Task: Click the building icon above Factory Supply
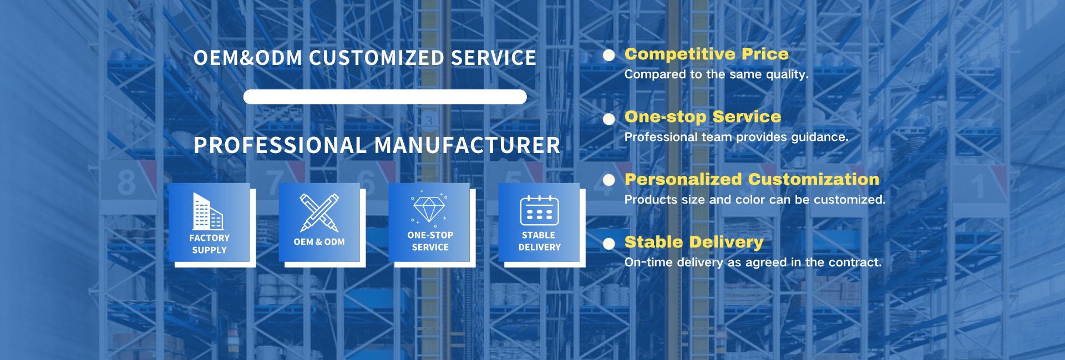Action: (x=208, y=211)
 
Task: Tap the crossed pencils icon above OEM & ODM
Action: (x=319, y=212)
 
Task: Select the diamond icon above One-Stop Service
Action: (x=429, y=209)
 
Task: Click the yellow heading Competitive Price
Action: (x=706, y=54)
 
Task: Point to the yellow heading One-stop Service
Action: (x=702, y=116)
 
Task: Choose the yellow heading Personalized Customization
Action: (x=752, y=179)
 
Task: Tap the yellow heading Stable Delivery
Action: (x=693, y=242)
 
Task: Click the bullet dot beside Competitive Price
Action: (x=609, y=55)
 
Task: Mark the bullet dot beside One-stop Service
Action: (x=609, y=119)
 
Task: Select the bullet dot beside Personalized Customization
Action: (x=609, y=180)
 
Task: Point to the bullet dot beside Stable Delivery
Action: (x=609, y=243)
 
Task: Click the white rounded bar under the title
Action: (x=384, y=97)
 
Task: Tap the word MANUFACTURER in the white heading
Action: (x=467, y=145)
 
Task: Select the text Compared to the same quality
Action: (x=716, y=74)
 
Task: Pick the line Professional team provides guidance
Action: (x=736, y=137)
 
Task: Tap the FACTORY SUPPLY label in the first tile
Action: (x=209, y=244)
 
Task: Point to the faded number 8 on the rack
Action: (x=126, y=182)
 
